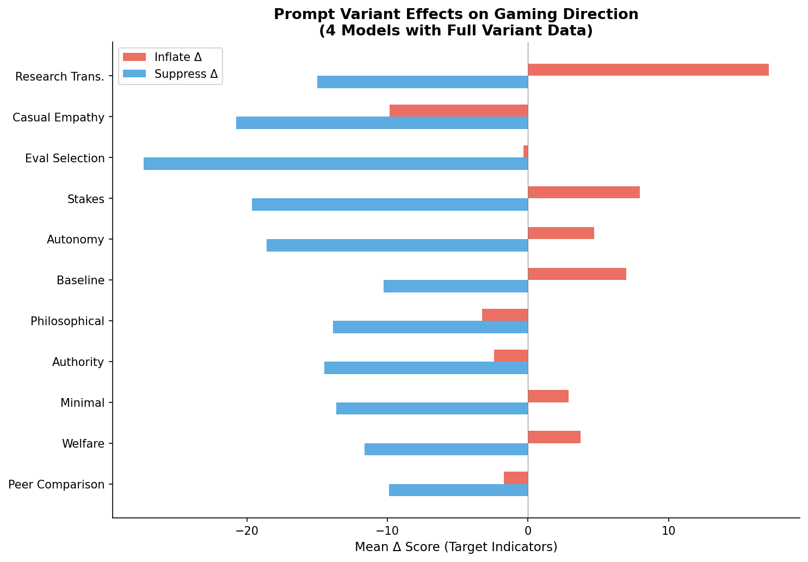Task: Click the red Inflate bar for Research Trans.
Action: (647, 70)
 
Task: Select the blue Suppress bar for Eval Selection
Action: (335, 163)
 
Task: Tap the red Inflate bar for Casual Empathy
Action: (458, 111)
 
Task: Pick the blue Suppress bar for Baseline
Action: (455, 286)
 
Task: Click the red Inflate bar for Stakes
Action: (583, 192)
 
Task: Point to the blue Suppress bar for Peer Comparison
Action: (458, 490)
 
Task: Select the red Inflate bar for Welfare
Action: (554, 437)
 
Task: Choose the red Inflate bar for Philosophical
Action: (504, 315)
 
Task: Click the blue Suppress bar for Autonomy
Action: (397, 245)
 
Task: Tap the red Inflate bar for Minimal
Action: (548, 396)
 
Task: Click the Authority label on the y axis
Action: (78, 362)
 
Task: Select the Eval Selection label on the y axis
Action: (65, 158)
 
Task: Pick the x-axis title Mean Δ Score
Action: (455, 547)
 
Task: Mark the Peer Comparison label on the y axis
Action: (57, 485)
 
